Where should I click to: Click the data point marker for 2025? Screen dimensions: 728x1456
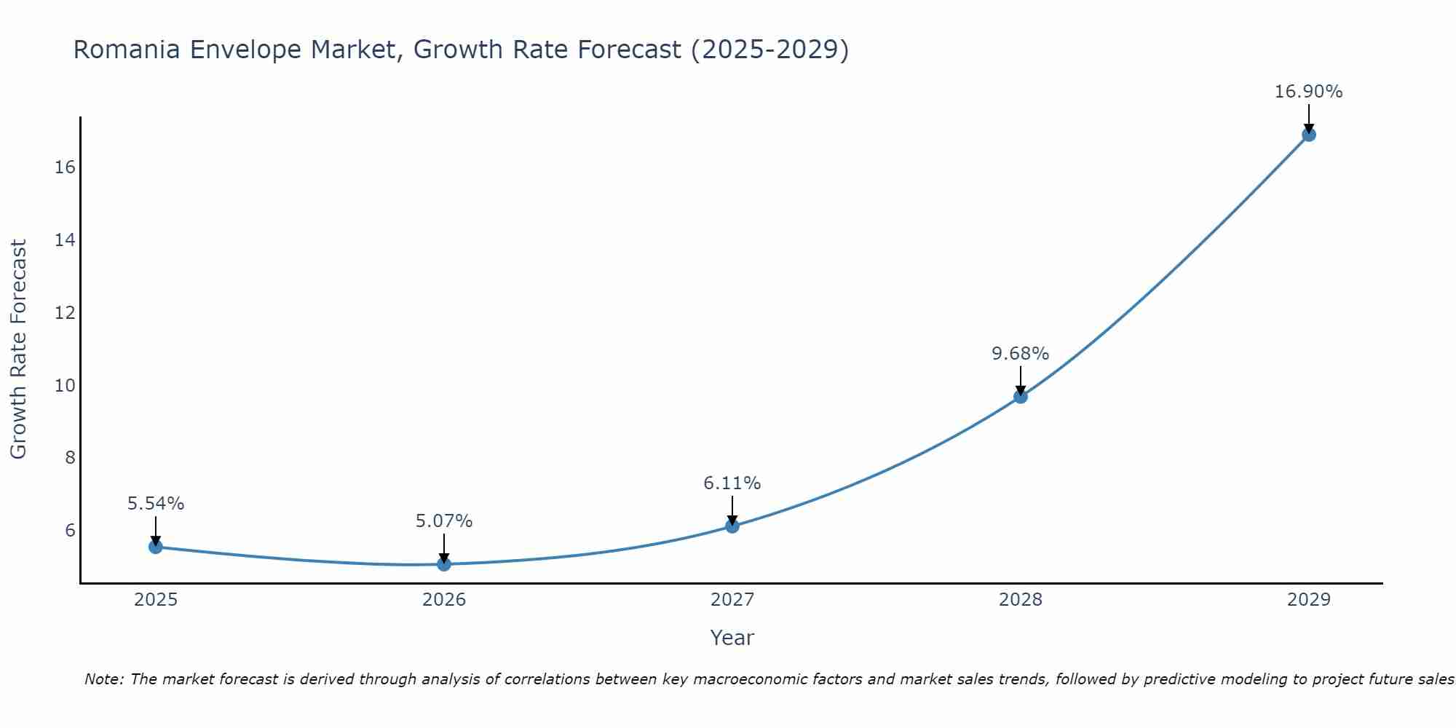point(156,547)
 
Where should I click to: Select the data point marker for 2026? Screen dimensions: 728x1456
point(444,564)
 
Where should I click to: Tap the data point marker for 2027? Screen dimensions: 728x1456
point(732,526)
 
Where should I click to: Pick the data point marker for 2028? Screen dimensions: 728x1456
point(1021,397)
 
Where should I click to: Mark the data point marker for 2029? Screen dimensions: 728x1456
point(1309,135)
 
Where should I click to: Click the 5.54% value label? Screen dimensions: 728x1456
point(156,504)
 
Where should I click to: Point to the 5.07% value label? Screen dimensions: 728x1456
point(444,521)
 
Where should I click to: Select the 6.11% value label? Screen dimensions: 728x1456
point(732,483)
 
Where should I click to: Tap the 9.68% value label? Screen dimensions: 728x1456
point(1021,354)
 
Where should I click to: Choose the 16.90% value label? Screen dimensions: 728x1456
point(1309,92)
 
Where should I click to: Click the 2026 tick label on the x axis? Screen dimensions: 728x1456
point(444,600)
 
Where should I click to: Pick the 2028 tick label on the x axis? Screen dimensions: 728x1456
point(1021,600)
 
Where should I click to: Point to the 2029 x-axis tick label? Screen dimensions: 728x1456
point(1309,600)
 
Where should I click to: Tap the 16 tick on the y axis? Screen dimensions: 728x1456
point(66,167)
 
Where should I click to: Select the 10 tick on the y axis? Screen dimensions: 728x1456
point(66,385)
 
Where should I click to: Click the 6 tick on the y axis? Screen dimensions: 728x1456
point(70,530)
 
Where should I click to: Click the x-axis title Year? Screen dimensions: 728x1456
point(732,638)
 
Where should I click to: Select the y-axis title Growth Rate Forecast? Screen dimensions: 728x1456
point(19,349)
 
